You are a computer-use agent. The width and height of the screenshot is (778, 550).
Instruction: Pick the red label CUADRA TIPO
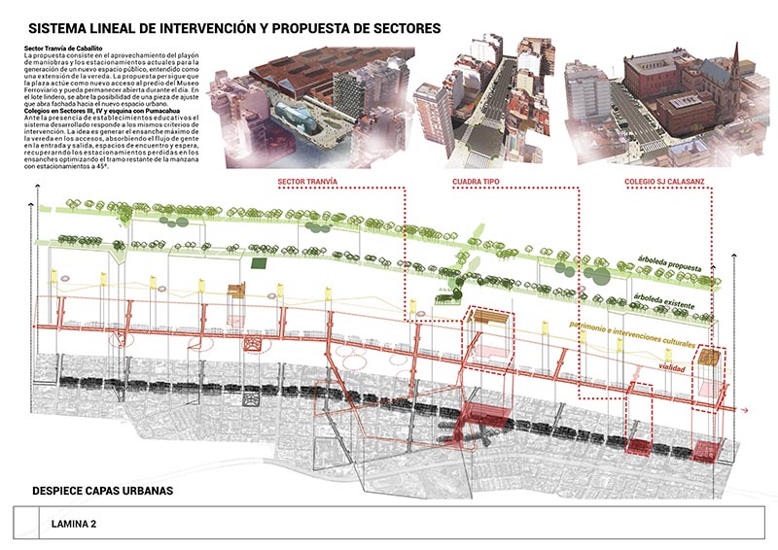click(477, 182)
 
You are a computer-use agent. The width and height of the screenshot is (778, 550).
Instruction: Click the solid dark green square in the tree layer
click(258, 263)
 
